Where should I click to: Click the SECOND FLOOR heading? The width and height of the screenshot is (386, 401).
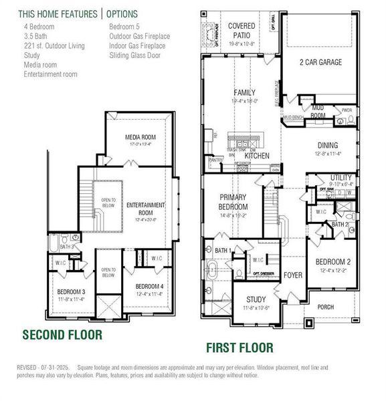[x=62, y=333]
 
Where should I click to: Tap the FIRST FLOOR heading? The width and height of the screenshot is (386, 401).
[x=239, y=347]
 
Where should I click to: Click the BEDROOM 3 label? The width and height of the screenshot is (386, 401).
[x=70, y=293]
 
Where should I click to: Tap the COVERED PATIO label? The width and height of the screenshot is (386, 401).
[x=241, y=29]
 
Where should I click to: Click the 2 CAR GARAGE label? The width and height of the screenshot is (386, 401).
[x=320, y=62]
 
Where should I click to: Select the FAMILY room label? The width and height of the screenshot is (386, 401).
[x=244, y=92]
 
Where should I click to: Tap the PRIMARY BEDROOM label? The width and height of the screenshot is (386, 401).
[x=233, y=201]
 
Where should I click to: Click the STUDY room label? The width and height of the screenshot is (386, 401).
[x=256, y=299]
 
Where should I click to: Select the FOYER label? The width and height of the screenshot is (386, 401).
[x=292, y=275]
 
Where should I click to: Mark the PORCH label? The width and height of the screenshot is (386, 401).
[x=325, y=307]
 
